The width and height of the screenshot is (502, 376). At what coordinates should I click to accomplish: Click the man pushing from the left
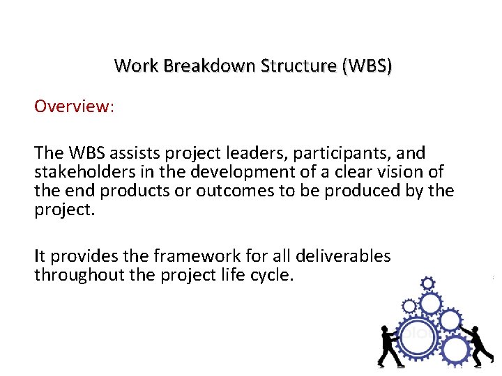(390, 344)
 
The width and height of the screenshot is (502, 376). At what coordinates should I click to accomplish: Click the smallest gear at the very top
(428, 283)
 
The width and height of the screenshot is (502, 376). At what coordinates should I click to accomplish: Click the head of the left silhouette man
(384, 328)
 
